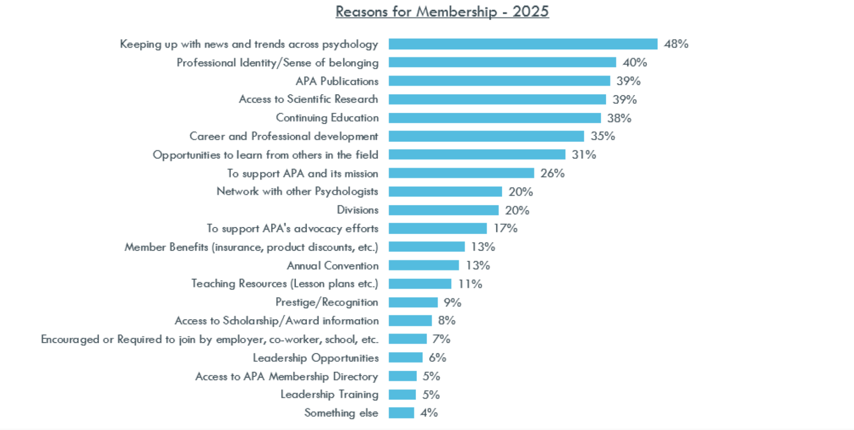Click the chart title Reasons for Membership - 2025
coord(442,11)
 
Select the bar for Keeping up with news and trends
coord(523,44)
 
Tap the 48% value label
coord(676,44)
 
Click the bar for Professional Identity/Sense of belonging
coord(502,63)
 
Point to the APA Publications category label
coord(337,81)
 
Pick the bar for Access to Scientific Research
coord(497,100)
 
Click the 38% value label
coord(619,118)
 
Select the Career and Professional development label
coord(284,136)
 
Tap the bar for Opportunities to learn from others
coord(477,155)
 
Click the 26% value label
coord(552,173)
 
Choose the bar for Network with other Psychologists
coord(445,192)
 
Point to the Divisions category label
coord(358,210)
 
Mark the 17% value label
coord(505,228)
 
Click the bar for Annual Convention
coord(424,265)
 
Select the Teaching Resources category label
coord(285,283)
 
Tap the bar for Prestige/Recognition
coord(413,302)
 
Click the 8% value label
coord(447,320)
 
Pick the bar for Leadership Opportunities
coord(406,357)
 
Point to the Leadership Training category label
coord(329,394)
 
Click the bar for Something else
coord(401,413)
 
